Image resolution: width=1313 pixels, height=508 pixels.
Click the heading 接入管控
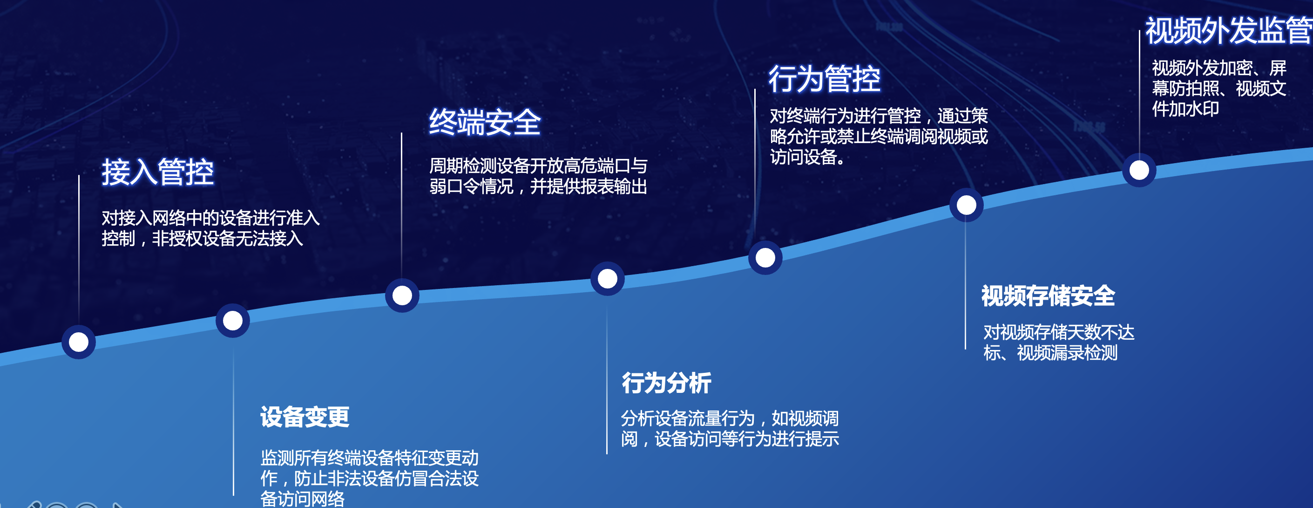(x=157, y=172)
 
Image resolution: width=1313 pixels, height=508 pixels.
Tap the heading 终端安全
(x=485, y=122)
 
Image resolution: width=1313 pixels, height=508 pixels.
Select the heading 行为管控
(x=824, y=79)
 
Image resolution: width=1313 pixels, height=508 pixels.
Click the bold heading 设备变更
(x=305, y=417)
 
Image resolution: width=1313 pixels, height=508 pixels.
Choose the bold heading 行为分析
(x=666, y=383)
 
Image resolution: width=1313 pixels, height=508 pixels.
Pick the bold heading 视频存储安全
(x=1049, y=296)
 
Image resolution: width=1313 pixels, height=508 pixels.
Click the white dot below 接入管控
(x=79, y=342)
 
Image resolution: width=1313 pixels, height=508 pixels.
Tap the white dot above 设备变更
(x=233, y=320)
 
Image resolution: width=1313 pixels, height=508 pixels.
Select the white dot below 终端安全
(x=402, y=295)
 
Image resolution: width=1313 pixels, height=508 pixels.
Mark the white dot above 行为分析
(x=608, y=279)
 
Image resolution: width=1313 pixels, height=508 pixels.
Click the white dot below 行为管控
(x=765, y=258)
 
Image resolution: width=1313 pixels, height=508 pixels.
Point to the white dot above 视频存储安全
(x=967, y=205)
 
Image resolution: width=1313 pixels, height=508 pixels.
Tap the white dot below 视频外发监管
(x=1139, y=170)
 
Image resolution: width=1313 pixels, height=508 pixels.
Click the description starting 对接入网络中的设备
(x=210, y=228)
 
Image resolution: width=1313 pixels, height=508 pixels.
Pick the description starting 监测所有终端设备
(x=370, y=478)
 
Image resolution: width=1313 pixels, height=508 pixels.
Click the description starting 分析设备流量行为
(x=730, y=428)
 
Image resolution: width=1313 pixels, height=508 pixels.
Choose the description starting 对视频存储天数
(x=1059, y=342)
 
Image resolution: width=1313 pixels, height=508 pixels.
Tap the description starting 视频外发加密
(x=1219, y=88)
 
